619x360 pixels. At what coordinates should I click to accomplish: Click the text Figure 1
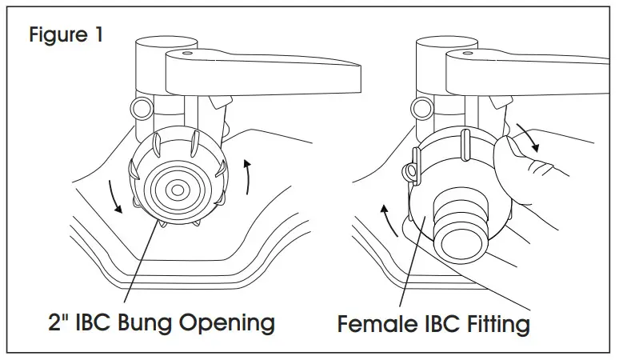66,36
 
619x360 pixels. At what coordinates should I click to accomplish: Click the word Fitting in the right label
496,325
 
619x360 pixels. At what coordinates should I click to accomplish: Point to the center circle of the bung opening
177,190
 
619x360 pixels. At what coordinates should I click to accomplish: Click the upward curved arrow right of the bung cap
251,175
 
